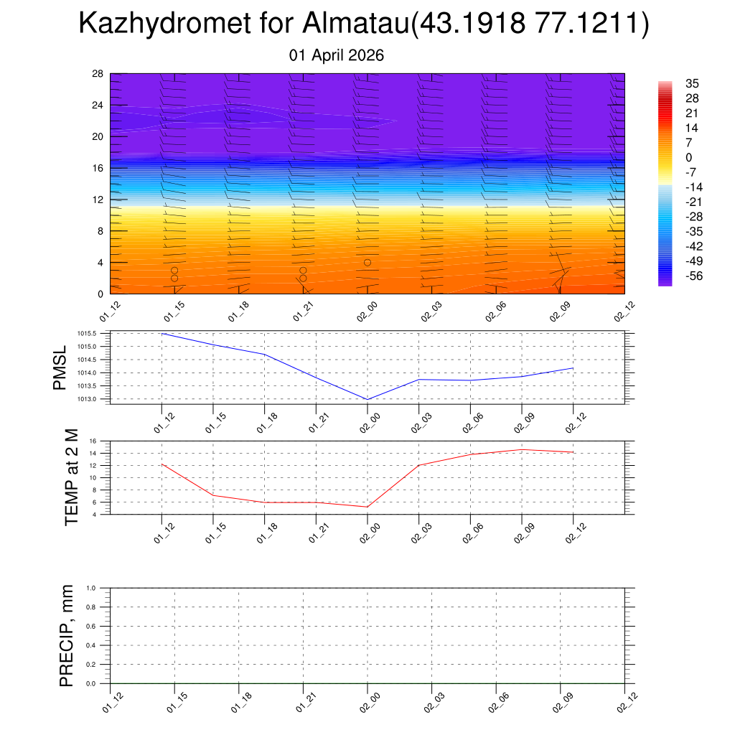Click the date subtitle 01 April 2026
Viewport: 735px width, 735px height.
[337, 55]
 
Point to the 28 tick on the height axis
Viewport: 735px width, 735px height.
[98, 73]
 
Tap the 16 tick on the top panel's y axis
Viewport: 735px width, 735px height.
[98, 168]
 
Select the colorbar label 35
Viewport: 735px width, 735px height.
[692, 84]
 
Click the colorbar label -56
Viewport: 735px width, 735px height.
[693, 276]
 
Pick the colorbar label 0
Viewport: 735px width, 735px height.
[689, 158]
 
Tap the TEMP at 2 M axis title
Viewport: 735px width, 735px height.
[71, 477]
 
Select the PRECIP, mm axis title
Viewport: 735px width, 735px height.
[67, 635]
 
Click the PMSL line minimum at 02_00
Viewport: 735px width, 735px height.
[367, 399]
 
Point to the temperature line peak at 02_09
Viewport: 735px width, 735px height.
[522, 449]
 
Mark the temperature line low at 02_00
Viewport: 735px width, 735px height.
[367, 507]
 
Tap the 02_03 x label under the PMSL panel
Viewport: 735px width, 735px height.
[420, 422]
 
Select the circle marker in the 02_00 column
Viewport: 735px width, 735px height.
[367, 263]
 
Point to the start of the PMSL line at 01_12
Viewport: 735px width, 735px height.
[162, 333]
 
